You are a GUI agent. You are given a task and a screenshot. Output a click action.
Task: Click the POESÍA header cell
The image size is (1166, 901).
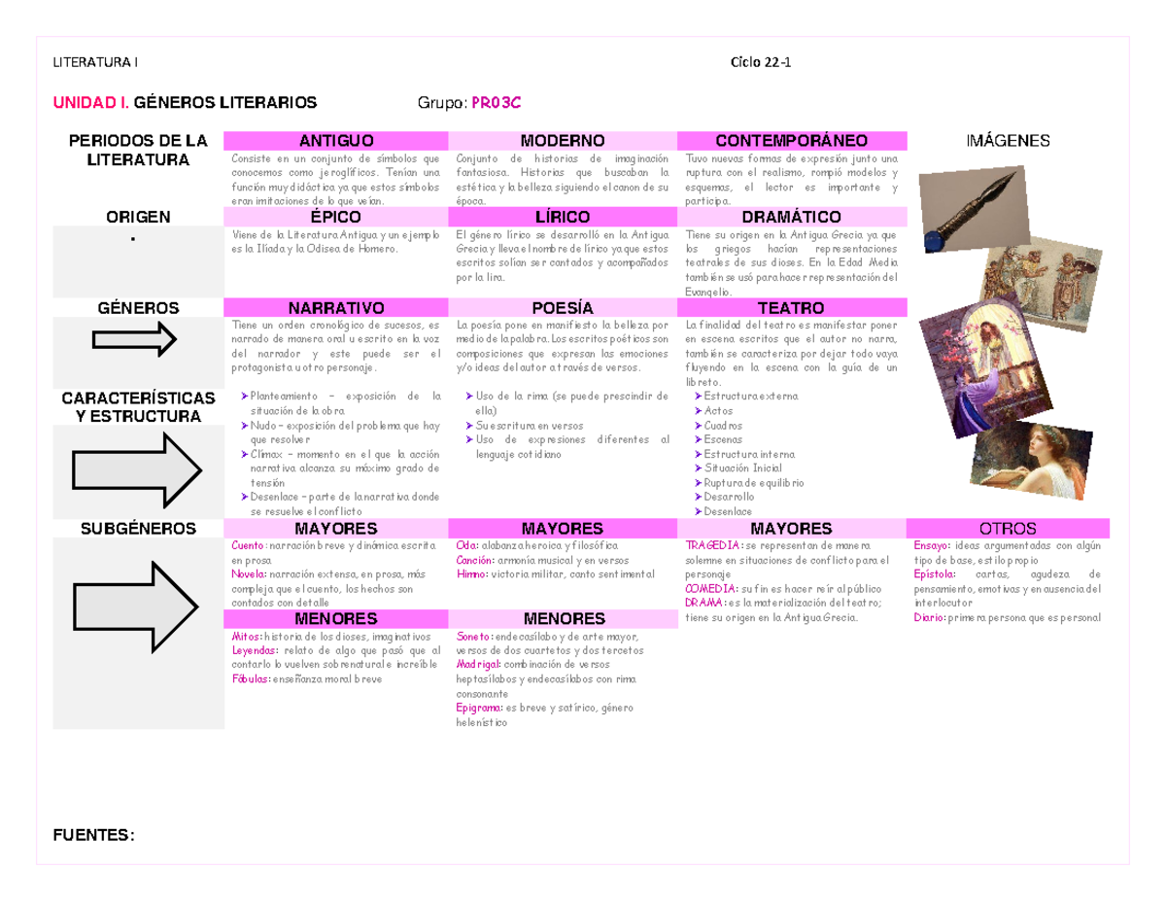click(563, 308)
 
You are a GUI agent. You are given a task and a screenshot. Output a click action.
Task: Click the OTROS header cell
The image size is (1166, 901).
click(1008, 529)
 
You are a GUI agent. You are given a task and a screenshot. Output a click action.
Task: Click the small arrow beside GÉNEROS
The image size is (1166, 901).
click(133, 339)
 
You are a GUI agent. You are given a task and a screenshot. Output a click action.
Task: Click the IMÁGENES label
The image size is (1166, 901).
click(1008, 141)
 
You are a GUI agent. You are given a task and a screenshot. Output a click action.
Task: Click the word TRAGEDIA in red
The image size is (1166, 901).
click(711, 545)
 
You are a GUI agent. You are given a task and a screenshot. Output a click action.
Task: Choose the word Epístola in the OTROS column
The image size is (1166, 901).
click(935, 573)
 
